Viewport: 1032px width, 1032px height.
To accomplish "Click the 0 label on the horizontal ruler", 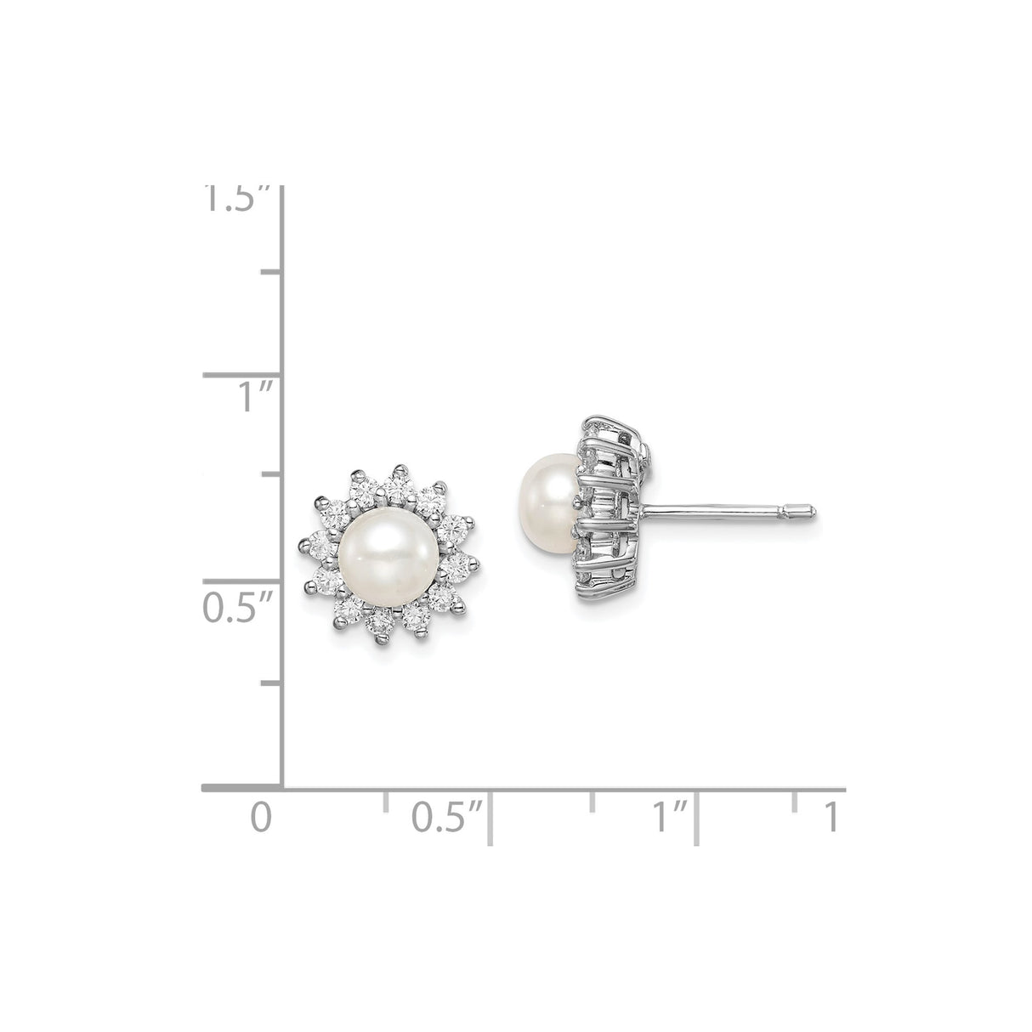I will pyautogui.click(x=263, y=817).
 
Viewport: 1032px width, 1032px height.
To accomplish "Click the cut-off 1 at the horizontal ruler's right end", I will pyautogui.click(x=831, y=817).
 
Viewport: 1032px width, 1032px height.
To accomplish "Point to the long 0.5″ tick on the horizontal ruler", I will pyautogui.click(x=490, y=818).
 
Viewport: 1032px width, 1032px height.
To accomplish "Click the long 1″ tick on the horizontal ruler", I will pyautogui.click(x=697, y=818).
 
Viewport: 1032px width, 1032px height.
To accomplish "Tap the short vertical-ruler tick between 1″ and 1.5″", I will pyautogui.click(x=271, y=271).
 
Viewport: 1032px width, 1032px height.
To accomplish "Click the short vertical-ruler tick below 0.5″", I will pyautogui.click(x=271, y=682).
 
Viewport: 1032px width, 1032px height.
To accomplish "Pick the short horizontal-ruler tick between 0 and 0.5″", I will pyautogui.click(x=386, y=800).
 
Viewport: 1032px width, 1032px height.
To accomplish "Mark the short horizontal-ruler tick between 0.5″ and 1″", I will pyautogui.click(x=593, y=800).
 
